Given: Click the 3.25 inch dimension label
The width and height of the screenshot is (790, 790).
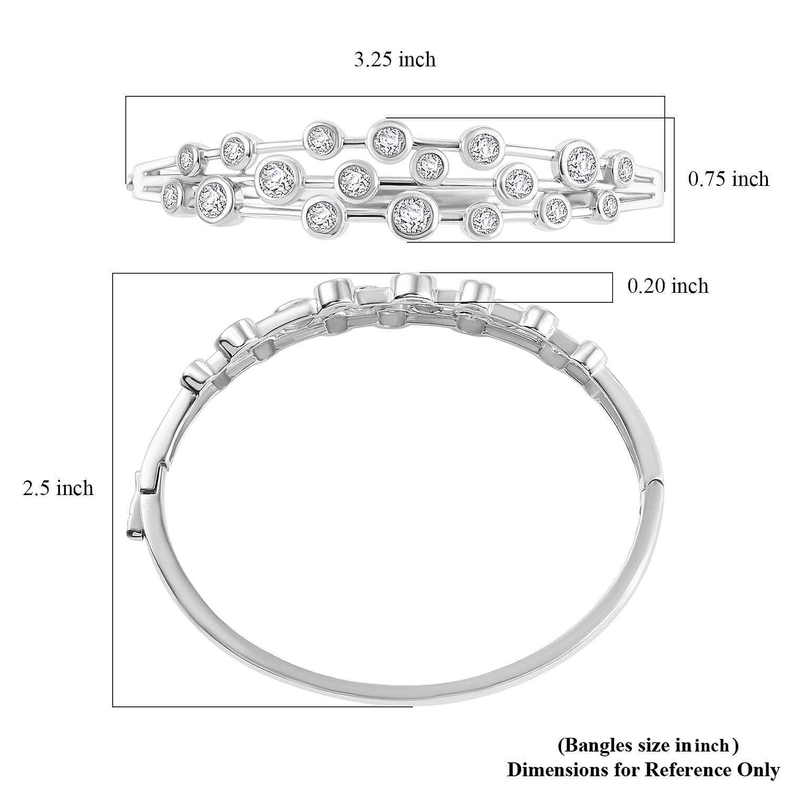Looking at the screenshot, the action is coord(394,60).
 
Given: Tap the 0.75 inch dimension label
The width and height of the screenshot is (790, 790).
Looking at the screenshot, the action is coord(728,179).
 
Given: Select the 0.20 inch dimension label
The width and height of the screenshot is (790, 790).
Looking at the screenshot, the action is coord(668,286).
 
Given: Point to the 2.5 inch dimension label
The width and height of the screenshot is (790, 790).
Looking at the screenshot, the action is coord(58,488).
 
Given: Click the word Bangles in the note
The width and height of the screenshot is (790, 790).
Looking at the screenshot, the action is coord(588,746).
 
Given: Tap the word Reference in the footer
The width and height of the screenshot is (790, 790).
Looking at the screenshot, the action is coord(687,769).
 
